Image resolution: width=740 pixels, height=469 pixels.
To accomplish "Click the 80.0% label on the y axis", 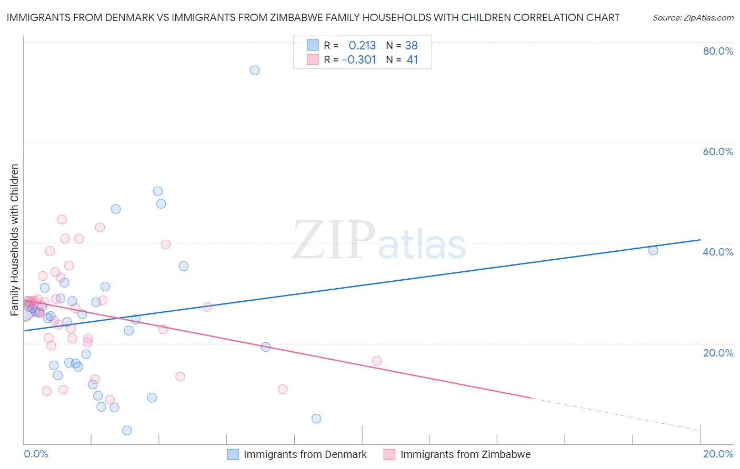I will coord(718,51).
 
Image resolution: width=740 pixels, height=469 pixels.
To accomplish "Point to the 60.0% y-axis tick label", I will coord(718,151).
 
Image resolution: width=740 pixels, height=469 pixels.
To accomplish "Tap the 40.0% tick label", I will coord(718,252).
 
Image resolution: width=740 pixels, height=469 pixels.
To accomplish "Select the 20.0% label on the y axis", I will coord(718,353).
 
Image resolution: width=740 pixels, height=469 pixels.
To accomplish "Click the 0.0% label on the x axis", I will coord(36,454).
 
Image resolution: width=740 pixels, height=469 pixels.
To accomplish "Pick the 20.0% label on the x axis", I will coord(718,454).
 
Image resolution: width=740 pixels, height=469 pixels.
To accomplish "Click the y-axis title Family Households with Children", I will coord(15,240).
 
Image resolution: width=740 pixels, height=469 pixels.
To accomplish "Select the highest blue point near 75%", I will coord(255,70).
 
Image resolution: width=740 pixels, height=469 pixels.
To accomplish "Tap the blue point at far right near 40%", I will coord(653,250).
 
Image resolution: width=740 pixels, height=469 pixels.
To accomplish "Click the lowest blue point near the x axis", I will coord(127,431).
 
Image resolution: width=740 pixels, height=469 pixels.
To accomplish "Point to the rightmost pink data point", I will coord(377,361).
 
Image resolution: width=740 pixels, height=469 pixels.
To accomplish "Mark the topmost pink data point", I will coord(62,220).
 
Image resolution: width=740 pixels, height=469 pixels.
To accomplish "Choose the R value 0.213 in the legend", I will coord(362,46).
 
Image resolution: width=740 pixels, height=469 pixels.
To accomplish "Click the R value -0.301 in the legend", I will coord(359,60).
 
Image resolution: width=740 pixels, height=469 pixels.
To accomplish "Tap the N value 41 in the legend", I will coord(412,60).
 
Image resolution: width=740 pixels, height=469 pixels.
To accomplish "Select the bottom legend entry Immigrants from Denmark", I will coord(305,454).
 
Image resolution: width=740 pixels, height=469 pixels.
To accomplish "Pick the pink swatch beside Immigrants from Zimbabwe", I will coord(389,454).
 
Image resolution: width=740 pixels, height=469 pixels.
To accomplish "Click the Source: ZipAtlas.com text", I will coord(693,18).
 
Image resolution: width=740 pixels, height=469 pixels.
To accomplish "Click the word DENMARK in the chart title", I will coord(128,18).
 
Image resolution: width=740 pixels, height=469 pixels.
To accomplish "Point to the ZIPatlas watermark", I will coord(379,241).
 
